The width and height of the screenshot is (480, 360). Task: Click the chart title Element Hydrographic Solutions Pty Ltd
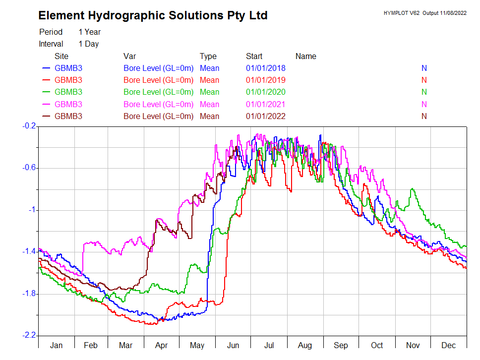[153, 15]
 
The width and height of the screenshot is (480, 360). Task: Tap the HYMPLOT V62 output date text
[425, 13]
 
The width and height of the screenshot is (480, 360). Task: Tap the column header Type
[208, 56]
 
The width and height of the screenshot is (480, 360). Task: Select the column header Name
[305, 56]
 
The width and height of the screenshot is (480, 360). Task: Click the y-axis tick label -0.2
[30, 126]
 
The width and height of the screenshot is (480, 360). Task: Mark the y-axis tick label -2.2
[30, 336]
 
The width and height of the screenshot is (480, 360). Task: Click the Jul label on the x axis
[269, 345]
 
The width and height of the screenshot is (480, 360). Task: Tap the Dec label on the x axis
[448, 345]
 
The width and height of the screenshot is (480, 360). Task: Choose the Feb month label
[91, 345]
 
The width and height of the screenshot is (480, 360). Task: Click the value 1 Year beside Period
[89, 32]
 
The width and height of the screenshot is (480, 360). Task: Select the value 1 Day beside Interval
[88, 44]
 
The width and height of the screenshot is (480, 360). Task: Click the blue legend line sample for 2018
[47, 68]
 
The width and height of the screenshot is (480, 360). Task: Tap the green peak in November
[412, 189]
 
